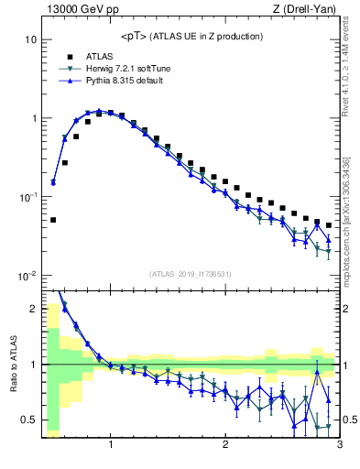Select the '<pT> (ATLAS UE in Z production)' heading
point(191,36)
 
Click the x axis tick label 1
point(111,445)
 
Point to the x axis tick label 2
point(225,445)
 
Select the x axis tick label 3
point(339,445)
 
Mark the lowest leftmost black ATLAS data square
point(53,220)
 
